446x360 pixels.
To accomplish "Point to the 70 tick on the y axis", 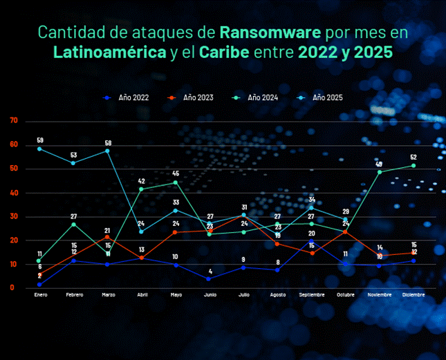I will point(13,121).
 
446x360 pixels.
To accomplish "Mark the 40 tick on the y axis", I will point(13,193).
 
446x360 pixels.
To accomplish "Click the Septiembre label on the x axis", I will point(311,295).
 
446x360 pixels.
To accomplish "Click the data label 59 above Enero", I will point(39,140).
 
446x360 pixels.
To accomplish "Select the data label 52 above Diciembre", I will point(414,157).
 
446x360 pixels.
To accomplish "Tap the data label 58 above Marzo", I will point(108,142).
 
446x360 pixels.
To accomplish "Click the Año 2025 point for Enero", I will point(39,149).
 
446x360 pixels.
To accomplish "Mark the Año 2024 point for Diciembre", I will point(414,165).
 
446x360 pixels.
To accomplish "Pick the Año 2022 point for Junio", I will point(210,278).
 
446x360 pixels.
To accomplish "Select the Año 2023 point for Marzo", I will point(107,237).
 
